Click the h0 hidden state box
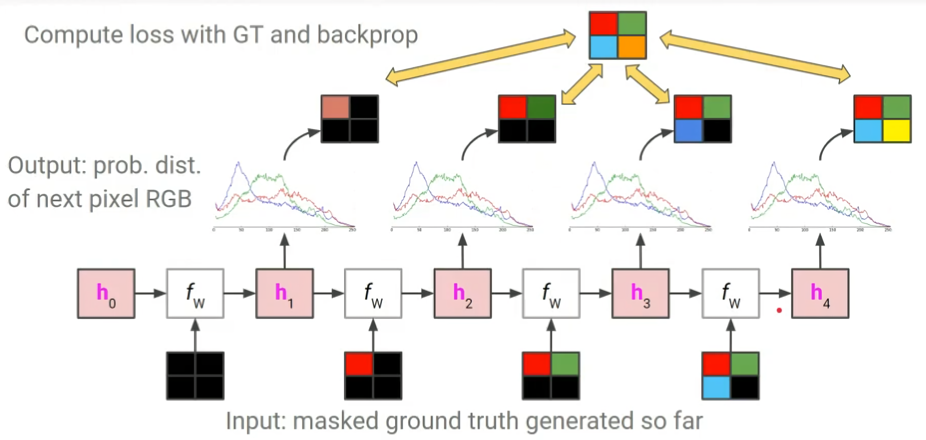tap(106, 294)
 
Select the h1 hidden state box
tap(284, 294)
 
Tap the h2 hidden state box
tap(462, 294)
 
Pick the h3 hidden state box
tap(640, 294)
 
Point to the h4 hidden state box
tap(820, 294)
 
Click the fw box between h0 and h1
tap(195, 294)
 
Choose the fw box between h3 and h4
tap(731, 294)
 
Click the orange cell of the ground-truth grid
tap(632, 47)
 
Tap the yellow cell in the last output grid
tap(896, 130)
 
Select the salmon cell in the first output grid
tap(336, 107)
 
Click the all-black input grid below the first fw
tap(195, 376)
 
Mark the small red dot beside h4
tap(779, 310)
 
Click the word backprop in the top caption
tap(367, 35)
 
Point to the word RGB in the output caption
tap(168, 199)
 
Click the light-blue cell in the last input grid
tap(716, 387)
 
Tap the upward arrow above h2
tap(462, 251)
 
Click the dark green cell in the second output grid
tap(541, 107)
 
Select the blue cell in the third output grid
tap(689, 130)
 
